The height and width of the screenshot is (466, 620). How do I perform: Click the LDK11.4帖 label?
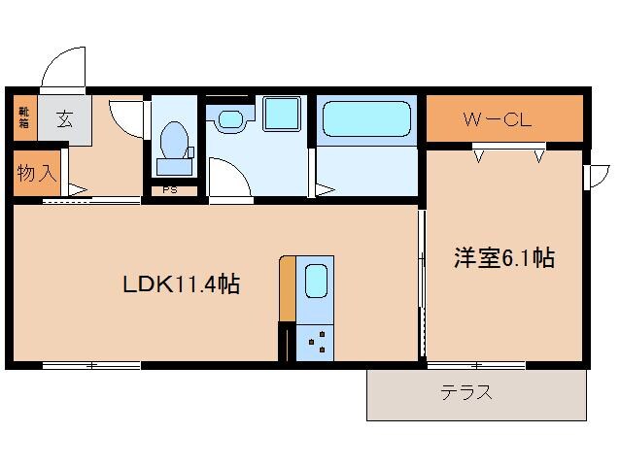click(x=181, y=284)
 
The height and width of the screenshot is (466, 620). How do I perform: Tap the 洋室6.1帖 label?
click(x=504, y=258)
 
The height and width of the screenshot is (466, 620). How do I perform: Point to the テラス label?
click(x=466, y=393)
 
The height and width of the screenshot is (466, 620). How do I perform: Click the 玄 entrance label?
click(x=63, y=119)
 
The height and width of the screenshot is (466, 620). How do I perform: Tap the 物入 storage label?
click(x=37, y=175)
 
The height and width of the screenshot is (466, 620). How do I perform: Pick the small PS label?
click(x=169, y=190)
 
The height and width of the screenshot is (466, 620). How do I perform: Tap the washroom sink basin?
click(x=229, y=120)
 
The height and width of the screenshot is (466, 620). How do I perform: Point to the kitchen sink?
click(x=317, y=283)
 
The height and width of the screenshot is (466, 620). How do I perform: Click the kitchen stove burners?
click(x=317, y=340)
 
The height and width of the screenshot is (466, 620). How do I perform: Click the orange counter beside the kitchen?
click(x=287, y=288)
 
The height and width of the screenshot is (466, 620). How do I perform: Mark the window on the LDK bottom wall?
click(x=91, y=365)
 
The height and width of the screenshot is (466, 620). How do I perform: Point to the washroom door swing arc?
click(x=226, y=177)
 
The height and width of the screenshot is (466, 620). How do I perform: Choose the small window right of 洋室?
click(x=590, y=177)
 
